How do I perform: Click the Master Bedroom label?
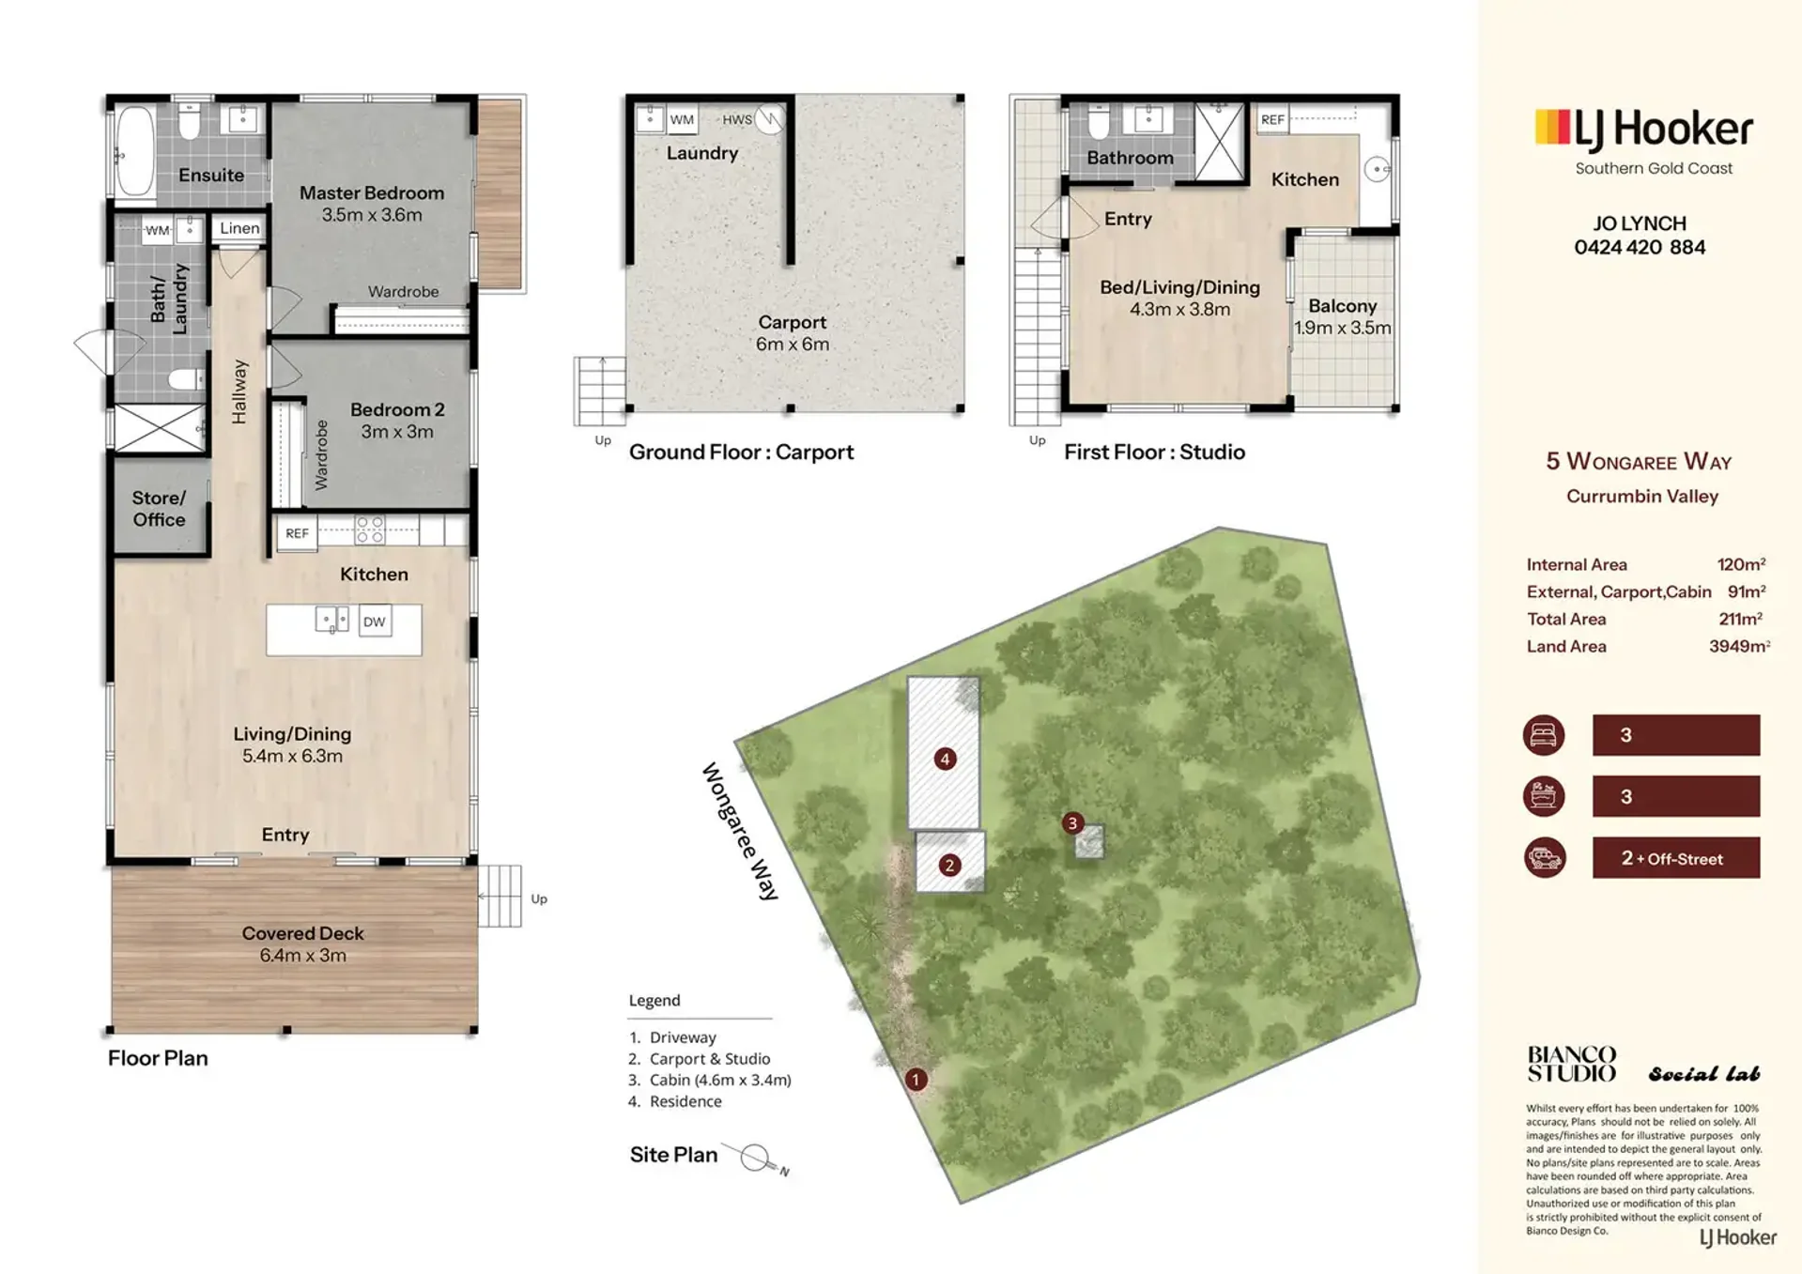tap(372, 193)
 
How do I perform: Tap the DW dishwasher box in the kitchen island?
tap(375, 622)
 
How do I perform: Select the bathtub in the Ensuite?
tap(136, 154)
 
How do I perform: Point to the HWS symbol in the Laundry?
tap(769, 119)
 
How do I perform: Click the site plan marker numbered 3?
tap(1072, 823)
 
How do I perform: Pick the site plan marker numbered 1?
tap(916, 1080)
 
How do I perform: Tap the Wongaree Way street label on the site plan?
tap(741, 831)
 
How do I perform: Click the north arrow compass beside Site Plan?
tap(761, 1159)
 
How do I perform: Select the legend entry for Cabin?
tap(710, 1080)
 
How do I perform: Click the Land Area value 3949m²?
tap(1739, 646)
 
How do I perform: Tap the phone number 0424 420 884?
tap(1640, 248)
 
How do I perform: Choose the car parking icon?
tap(1544, 858)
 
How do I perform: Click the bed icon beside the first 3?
tap(1544, 735)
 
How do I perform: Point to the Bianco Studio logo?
tap(1572, 1064)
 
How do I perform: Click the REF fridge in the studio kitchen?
tap(1272, 119)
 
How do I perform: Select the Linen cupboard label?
tap(239, 228)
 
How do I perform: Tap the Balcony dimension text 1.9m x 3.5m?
tap(1343, 328)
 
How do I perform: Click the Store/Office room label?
tap(159, 509)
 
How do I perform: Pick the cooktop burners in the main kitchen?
tap(370, 530)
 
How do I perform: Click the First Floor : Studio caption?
tap(1154, 453)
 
